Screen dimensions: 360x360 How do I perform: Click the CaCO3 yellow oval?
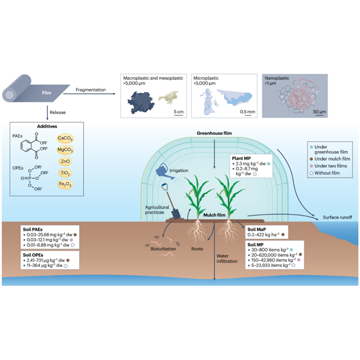pos(65,138)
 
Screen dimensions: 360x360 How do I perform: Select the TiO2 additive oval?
pos(65,173)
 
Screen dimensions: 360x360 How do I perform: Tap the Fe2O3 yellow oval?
pos(65,184)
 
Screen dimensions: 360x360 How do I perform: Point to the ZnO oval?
pos(65,161)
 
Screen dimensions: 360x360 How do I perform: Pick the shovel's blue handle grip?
pos(165,186)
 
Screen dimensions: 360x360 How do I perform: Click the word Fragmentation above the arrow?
pos(91,90)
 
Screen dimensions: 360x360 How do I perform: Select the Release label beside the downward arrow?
pos(58,112)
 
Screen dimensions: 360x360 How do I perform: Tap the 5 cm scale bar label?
pos(179,112)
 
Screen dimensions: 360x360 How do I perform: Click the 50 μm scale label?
pos(319,112)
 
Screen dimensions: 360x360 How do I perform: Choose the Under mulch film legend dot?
pos(311,159)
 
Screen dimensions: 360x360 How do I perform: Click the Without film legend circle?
pos(311,173)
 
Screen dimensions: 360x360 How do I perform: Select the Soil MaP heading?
pos(256,229)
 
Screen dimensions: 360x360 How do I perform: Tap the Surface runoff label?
pos(337,217)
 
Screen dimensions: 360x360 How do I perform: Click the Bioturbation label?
pos(163,249)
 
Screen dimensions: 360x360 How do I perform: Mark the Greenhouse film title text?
pos(214,133)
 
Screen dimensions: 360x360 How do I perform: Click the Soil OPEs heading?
pos(33,255)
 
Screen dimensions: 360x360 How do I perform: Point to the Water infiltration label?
pos(227,258)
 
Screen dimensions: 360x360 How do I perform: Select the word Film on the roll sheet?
pos(47,93)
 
